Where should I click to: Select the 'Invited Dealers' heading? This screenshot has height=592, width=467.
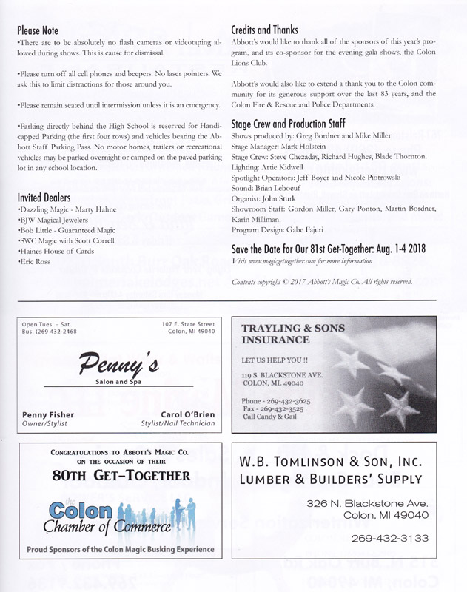tap(44, 198)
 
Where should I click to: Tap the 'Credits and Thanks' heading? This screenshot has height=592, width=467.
tap(265, 30)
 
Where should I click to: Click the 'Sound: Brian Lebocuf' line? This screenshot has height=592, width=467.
tap(267, 189)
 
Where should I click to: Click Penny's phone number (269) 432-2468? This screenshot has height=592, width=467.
tap(52, 332)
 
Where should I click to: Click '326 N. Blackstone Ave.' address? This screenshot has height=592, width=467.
tap(366, 504)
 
